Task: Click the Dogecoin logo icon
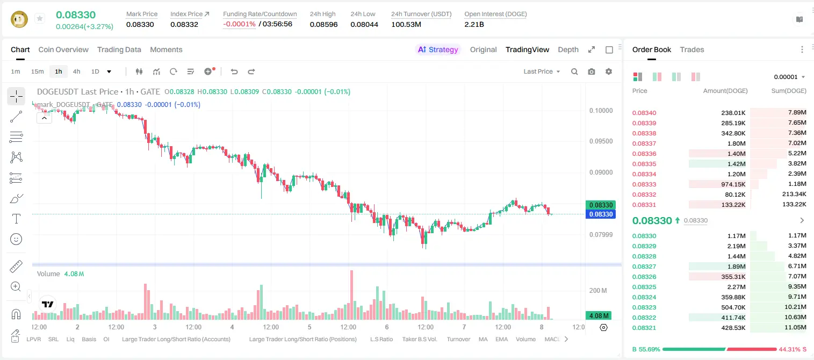click(19, 19)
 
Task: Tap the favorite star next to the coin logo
click(40, 18)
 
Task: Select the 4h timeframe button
click(76, 71)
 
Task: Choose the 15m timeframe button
click(38, 71)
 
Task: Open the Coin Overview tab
click(63, 50)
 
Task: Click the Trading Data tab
click(119, 50)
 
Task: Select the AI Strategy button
click(438, 50)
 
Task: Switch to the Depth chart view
click(568, 50)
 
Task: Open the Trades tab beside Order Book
click(692, 50)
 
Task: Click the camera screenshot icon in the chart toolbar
click(592, 71)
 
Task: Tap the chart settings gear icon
click(609, 71)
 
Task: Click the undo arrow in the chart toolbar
click(234, 71)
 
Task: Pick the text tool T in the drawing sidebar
click(16, 219)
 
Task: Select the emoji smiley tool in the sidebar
click(16, 239)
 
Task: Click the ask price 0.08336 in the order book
click(644, 154)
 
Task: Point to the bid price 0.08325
click(644, 287)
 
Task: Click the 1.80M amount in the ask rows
click(736, 143)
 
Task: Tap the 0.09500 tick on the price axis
click(601, 141)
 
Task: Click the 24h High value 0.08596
click(324, 24)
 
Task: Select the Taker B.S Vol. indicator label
click(420, 339)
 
